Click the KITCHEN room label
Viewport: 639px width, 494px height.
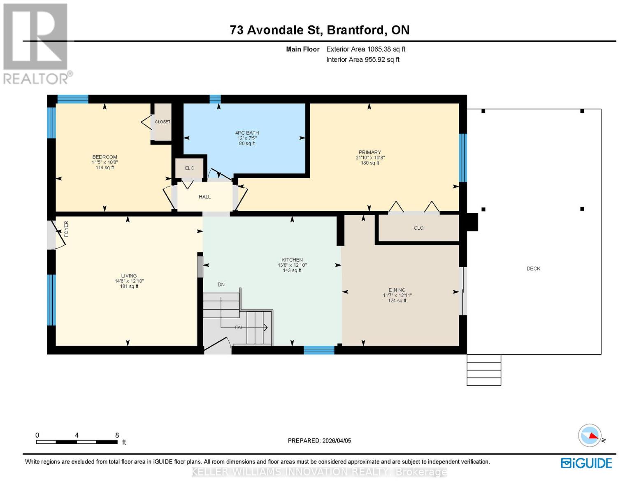[292, 260]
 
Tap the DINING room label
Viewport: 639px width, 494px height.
[397, 290]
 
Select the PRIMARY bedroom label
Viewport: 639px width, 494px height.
[369, 152]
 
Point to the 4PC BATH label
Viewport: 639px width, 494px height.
[247, 133]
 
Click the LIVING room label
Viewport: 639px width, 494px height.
[129, 276]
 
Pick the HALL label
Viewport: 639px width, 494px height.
[204, 197]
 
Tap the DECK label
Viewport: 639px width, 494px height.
[533, 268]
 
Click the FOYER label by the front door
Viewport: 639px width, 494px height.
[66, 228]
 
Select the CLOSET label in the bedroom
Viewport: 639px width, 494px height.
[163, 122]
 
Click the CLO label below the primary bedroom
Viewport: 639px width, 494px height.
[418, 228]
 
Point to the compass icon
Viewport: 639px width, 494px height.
[590, 436]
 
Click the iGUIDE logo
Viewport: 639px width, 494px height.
[586, 463]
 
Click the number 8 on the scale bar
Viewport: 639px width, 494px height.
[117, 435]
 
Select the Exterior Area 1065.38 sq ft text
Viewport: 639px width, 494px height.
[366, 49]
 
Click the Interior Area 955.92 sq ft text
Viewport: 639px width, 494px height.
[363, 60]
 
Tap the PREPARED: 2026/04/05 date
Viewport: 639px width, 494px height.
[319, 440]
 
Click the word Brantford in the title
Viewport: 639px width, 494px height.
[356, 30]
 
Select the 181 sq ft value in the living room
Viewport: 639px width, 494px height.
[129, 287]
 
